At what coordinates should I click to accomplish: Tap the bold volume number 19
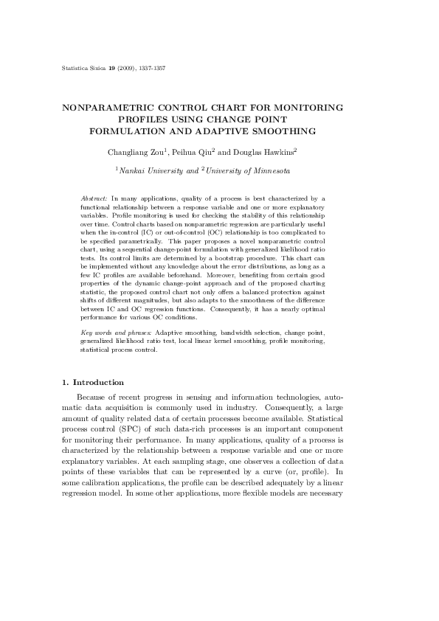pyautogui.click(x=111, y=69)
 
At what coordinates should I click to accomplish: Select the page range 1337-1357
pyautogui.click(x=151, y=69)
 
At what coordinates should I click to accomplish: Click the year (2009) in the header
pyautogui.click(x=127, y=69)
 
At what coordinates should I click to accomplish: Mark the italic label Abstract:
pyautogui.click(x=94, y=199)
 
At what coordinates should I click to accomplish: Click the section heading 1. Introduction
pyautogui.click(x=92, y=382)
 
